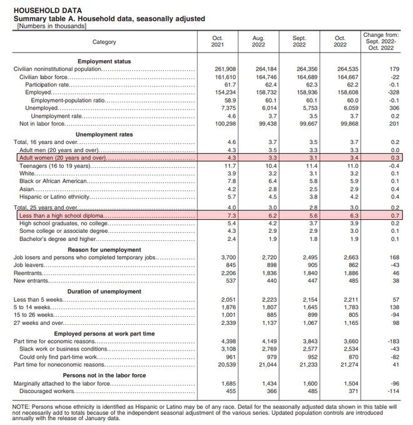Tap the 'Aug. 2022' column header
click(258, 42)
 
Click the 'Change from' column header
click(380, 42)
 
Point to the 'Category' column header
click(105, 42)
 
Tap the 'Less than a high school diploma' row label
click(62, 215)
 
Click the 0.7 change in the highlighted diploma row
click(394, 215)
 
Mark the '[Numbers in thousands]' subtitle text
click(53, 26)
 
